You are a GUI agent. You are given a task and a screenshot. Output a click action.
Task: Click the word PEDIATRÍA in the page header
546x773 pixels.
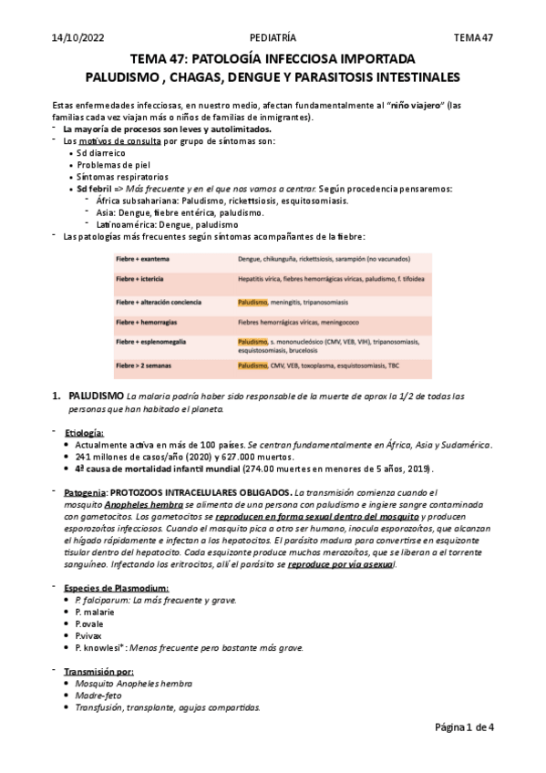click(x=273, y=37)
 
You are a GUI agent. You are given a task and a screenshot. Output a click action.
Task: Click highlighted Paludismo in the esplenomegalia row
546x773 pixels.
click(x=252, y=341)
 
